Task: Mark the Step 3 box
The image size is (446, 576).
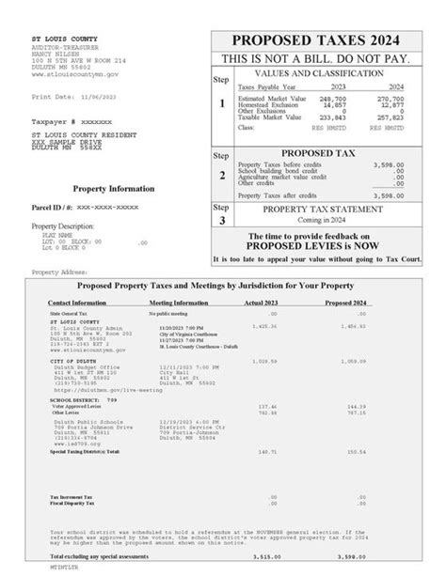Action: point(222,213)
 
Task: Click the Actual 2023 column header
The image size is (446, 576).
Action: point(266,303)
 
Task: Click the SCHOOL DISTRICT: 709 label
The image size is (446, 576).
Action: point(75,398)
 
